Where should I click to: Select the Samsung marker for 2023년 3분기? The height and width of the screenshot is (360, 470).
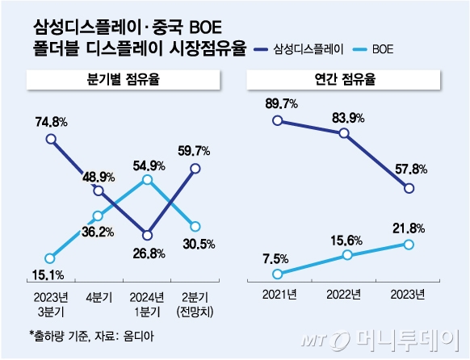click(51, 139)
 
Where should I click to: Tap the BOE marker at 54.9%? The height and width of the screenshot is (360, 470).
click(146, 179)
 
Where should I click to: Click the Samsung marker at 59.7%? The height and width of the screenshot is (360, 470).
click(195, 168)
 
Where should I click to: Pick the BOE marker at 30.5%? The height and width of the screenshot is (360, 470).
click(195, 226)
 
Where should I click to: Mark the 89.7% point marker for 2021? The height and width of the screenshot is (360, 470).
click(278, 120)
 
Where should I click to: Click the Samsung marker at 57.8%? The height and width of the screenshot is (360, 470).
click(409, 189)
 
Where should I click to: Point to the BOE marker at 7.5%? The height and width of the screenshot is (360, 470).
click(278, 274)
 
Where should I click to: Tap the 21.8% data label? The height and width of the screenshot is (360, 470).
click(409, 228)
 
